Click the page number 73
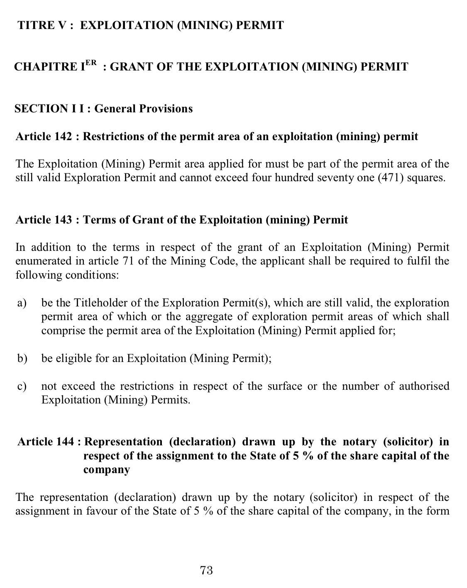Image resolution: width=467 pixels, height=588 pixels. [206, 570]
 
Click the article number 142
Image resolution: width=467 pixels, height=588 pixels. [63, 136]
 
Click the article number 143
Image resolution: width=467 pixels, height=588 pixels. [63, 219]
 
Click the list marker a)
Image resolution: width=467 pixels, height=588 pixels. [22, 303]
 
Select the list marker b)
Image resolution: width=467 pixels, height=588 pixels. [22, 358]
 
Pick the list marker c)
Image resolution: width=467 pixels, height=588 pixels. [22, 386]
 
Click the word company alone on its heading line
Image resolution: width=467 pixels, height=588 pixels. [106, 470]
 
